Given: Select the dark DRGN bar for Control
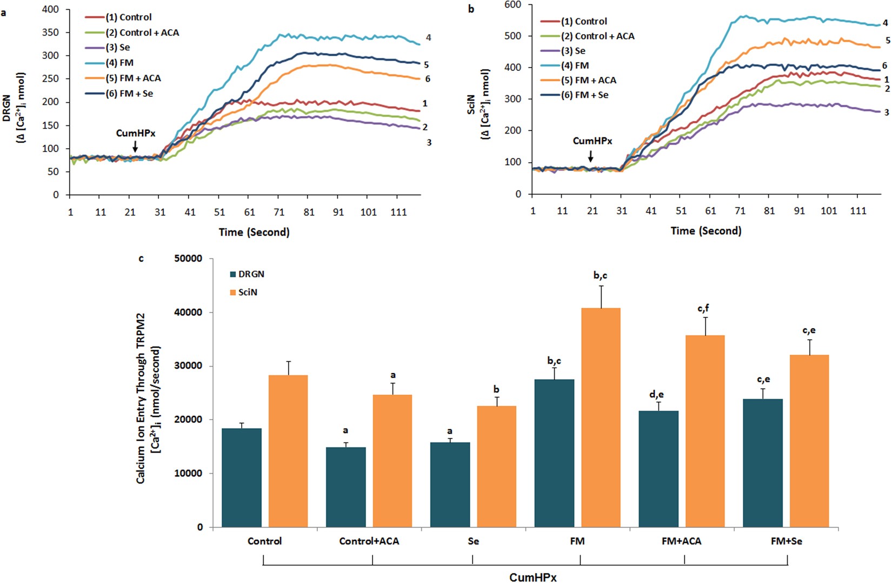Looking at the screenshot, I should coord(241,478).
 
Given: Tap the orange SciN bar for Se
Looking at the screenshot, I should coord(496,466).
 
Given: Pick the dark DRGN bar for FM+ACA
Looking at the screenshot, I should coord(658,469).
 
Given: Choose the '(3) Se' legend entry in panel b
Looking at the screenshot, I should coord(573,51).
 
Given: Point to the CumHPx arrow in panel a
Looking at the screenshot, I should coord(135,146).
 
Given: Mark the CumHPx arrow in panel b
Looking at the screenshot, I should coord(591,156).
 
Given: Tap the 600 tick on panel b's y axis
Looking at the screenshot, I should coord(513,5).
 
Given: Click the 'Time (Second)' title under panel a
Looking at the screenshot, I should coord(254,232).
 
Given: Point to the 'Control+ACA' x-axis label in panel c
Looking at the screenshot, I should coord(369,541).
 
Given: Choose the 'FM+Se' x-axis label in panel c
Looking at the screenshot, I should coord(787,541).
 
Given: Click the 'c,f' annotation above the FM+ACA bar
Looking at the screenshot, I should coord(703,308).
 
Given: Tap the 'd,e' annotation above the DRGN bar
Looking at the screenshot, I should coord(657,394).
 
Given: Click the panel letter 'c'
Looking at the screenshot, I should coord(142,259).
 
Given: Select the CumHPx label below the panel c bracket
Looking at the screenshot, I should coord(532,577).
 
